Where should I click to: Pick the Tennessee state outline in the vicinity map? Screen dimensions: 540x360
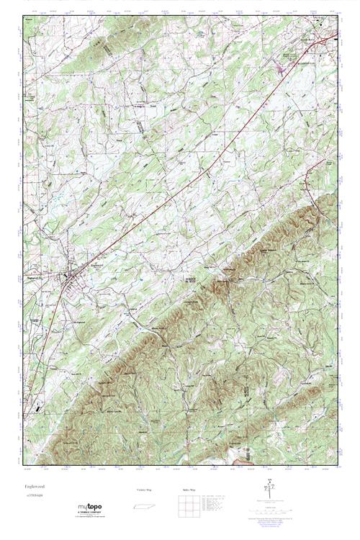[145, 508]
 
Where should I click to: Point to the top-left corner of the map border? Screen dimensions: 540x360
[19, 13]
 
